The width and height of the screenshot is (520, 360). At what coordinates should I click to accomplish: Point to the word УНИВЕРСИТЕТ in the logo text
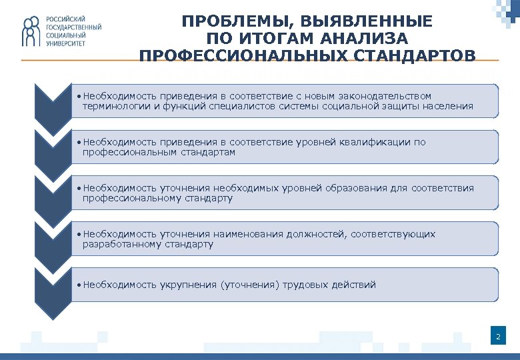click(65, 43)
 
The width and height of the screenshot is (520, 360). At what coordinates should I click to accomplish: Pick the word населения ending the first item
click(449, 106)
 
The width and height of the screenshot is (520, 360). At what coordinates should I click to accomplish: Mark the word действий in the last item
click(354, 285)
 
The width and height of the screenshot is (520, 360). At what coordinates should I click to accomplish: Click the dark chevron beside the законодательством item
click(53, 103)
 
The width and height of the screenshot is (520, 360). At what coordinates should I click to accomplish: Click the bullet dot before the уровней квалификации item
click(79, 143)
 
